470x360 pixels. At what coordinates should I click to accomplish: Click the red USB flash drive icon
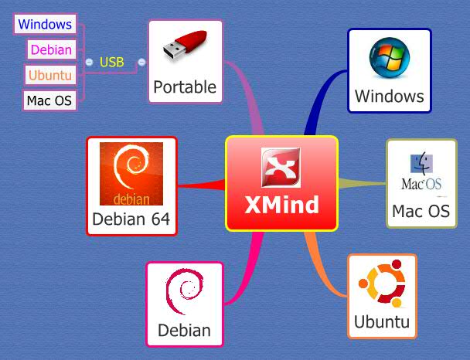click(x=186, y=48)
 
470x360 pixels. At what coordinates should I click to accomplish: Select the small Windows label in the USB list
click(x=45, y=24)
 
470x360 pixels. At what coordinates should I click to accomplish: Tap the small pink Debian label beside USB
click(x=51, y=50)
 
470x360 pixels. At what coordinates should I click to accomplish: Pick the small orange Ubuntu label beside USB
click(x=49, y=75)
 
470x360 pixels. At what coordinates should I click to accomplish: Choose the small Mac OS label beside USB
click(x=49, y=100)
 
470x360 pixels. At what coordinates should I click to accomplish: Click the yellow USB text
click(x=112, y=62)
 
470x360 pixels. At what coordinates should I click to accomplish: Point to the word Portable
click(x=185, y=87)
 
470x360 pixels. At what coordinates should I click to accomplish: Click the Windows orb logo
click(x=389, y=60)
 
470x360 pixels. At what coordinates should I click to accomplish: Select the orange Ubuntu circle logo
click(x=382, y=285)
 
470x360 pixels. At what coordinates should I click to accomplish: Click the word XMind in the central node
click(x=281, y=205)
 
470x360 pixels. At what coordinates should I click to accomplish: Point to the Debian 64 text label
click(x=131, y=219)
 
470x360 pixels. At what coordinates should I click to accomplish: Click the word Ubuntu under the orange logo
click(x=382, y=321)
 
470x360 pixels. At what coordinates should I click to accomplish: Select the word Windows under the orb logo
click(x=389, y=96)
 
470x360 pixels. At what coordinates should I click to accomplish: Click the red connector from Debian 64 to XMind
click(x=202, y=185)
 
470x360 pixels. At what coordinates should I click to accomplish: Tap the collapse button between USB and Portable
click(x=141, y=62)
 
